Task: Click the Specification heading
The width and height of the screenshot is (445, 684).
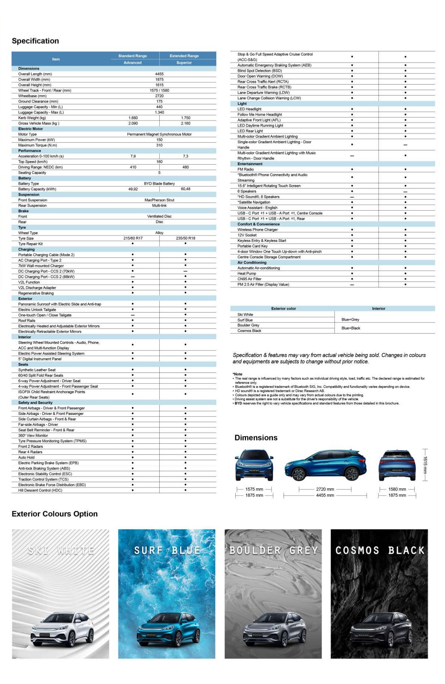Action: point(35,41)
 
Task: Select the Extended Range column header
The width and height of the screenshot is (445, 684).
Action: point(184,56)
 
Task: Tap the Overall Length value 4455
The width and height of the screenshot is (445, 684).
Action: point(159,74)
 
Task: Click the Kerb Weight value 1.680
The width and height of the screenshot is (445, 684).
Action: point(133,118)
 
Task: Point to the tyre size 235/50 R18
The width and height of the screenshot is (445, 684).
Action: point(186,238)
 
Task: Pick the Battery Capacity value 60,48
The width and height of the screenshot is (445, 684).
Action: point(186,189)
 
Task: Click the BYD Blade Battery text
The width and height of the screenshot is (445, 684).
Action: point(159,184)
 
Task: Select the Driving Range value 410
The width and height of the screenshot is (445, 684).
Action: point(133,167)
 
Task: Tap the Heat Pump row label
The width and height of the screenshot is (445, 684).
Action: point(247,274)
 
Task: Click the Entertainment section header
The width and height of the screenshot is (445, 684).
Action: point(250,164)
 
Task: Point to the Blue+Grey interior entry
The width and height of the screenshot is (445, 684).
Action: point(350,320)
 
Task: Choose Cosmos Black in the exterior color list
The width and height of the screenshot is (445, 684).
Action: point(249,331)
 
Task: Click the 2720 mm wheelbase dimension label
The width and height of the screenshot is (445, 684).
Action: point(325,489)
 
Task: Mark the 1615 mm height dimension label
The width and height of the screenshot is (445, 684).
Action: point(425,465)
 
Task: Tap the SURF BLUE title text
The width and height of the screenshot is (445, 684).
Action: point(167,550)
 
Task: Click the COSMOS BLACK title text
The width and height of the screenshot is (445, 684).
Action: point(380,550)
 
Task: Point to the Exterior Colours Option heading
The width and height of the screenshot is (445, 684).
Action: point(55,514)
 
